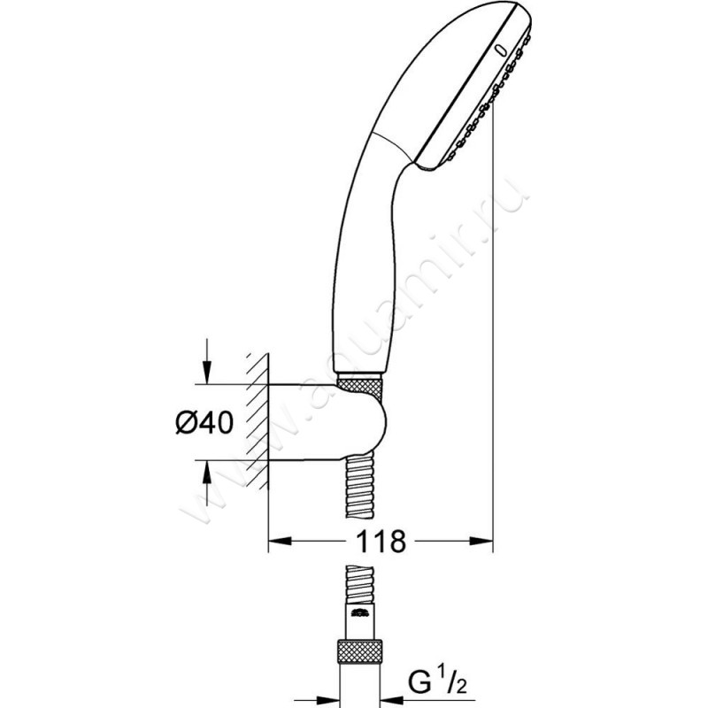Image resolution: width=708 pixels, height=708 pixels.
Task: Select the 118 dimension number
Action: (x=381, y=541)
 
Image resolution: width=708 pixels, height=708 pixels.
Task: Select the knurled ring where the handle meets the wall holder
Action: (x=361, y=386)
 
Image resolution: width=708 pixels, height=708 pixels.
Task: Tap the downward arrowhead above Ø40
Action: (x=206, y=375)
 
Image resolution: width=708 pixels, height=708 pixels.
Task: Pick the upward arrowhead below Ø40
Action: (x=206, y=471)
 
